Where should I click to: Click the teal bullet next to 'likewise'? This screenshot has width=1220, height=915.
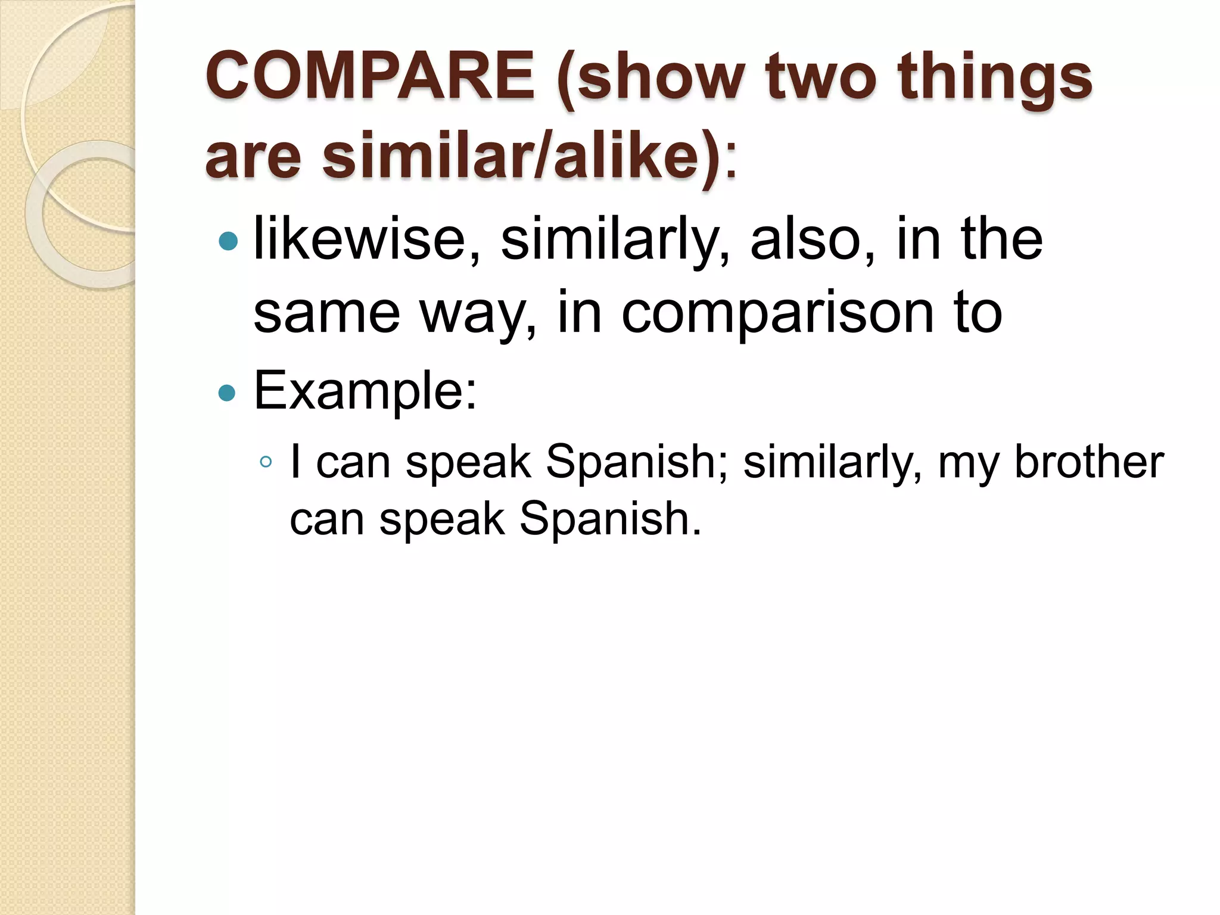(228, 241)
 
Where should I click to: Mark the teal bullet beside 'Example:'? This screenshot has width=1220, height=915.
(228, 393)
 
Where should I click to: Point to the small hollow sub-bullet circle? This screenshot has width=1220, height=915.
(266, 462)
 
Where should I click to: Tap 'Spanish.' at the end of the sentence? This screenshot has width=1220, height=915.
(610, 519)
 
